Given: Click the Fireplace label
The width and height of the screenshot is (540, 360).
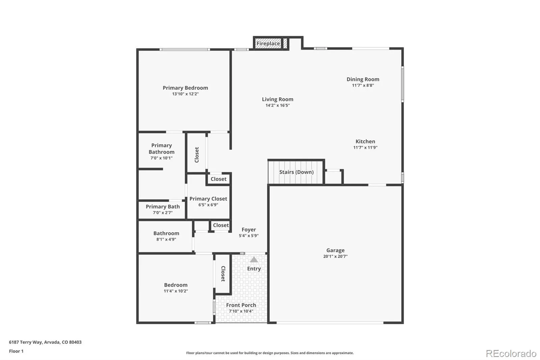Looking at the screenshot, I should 268,44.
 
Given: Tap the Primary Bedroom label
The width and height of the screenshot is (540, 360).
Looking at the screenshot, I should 185,88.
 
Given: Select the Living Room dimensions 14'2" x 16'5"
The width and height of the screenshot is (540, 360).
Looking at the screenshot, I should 277,105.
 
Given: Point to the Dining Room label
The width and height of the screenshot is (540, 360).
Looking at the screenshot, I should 363,79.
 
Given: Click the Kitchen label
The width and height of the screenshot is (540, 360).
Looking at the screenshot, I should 365,142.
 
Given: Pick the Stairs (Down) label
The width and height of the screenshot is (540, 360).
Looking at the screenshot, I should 296,172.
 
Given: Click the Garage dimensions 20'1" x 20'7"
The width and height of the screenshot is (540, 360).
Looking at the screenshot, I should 335,256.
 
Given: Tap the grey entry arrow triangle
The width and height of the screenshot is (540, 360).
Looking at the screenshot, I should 254,260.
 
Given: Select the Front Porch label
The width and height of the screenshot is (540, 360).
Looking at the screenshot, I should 241,305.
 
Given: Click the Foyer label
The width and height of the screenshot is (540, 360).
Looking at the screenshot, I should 249,230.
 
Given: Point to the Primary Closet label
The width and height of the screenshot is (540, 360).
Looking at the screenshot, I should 208,199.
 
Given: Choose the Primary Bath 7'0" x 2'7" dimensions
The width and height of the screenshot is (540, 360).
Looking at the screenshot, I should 163,213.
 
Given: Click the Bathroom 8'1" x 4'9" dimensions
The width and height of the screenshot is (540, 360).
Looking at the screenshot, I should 166,239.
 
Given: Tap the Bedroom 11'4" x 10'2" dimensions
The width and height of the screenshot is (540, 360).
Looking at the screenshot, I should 176,291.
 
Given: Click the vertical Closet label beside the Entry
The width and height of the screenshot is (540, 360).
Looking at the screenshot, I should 223,274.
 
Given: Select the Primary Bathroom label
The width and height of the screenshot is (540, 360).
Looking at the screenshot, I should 161,149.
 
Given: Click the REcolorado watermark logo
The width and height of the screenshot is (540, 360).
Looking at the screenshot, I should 511,353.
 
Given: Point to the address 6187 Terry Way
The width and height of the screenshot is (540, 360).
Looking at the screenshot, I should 45,342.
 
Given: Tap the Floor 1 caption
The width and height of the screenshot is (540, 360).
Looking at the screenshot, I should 16,351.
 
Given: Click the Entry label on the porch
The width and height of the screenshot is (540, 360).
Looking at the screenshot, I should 254,269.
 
